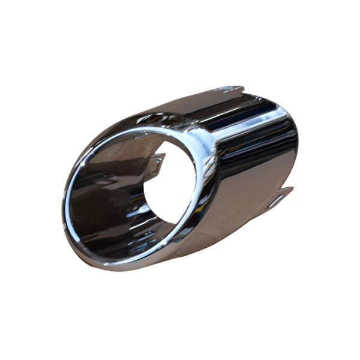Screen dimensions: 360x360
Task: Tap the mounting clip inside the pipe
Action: pos(155,163)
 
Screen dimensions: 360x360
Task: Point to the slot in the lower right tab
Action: pos(274,201)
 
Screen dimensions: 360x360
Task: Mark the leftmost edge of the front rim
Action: pos(64,210)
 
